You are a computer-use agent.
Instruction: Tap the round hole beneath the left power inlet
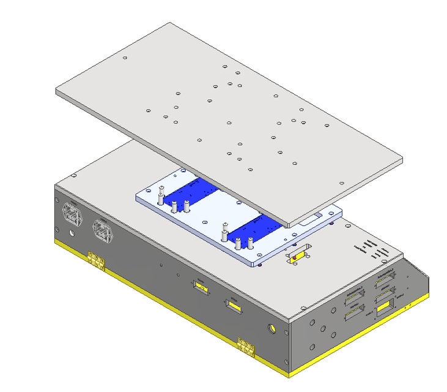pos(72,233)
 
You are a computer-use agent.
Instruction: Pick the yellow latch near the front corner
pos(246,346)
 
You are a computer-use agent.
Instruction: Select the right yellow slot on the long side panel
pos(233,303)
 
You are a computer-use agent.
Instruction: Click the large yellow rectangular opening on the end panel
pos(385,308)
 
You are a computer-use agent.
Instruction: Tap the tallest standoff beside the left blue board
pos(161,194)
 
